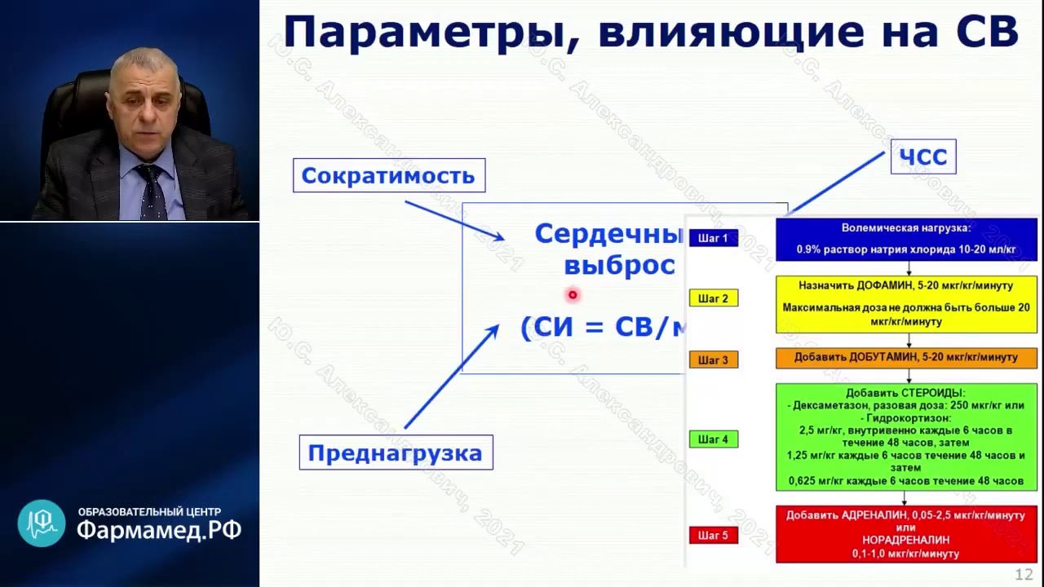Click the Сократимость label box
coord(389,175)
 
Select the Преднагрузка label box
coord(396,452)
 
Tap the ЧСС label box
coord(922,157)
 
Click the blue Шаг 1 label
coord(713,238)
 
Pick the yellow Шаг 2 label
coord(713,298)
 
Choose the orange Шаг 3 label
coord(713,360)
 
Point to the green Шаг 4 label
coord(713,439)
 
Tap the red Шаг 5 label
coord(713,536)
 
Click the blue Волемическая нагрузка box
coord(906,239)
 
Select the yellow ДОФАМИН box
coord(906,303)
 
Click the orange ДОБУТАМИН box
coord(906,357)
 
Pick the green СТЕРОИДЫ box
coord(906,437)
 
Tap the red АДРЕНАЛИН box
coord(906,534)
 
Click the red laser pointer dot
coord(573,295)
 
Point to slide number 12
coord(1024,574)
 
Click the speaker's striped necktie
coord(152,192)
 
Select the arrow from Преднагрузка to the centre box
coord(451,375)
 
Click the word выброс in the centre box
coord(619,266)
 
